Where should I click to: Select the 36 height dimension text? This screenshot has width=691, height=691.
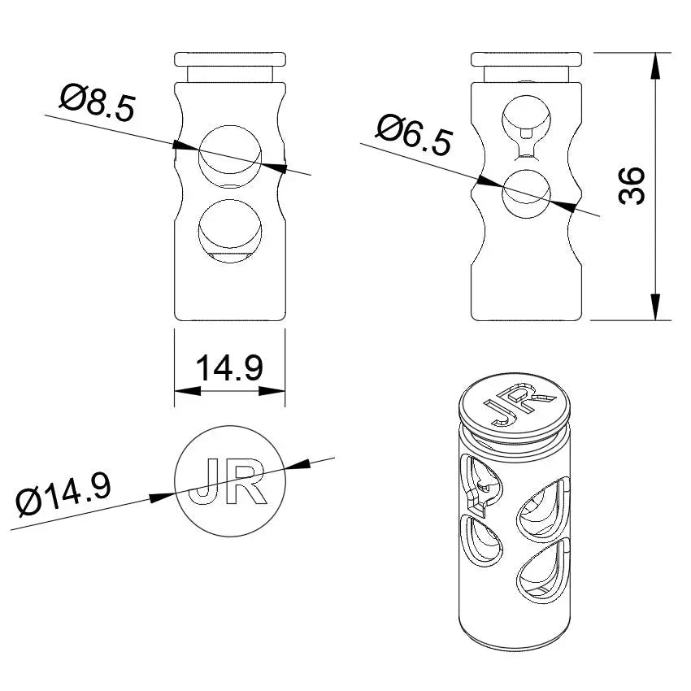pos(631,186)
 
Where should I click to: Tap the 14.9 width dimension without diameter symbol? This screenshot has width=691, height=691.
pos(230,368)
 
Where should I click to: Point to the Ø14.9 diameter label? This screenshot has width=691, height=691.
pos(63,493)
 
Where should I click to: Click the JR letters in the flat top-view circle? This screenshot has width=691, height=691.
pos(230,482)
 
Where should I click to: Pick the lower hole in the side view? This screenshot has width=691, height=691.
pos(526,194)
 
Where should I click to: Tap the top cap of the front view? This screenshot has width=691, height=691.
pos(230,59)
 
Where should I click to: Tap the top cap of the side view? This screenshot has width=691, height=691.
pos(526,59)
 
